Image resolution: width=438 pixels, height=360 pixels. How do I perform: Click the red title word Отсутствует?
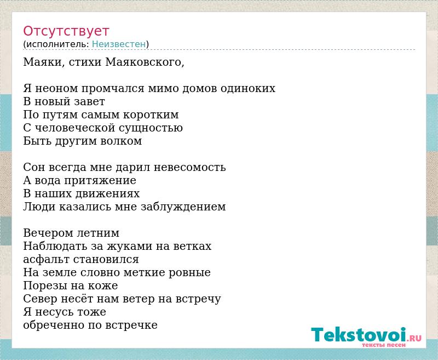pyautogui.click(x=66, y=31)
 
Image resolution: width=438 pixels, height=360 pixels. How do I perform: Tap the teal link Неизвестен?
pyautogui.click(x=119, y=44)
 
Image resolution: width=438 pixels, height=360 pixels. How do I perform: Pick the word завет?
pyautogui.click(x=89, y=101)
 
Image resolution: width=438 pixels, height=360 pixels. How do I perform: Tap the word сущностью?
pyautogui.click(x=151, y=128)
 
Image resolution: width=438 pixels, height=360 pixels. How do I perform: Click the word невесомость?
pyautogui.click(x=189, y=167)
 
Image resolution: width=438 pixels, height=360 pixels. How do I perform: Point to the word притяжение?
pyautogui.click(x=100, y=181)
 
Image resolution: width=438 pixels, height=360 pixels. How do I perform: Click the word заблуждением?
pyautogui.click(x=183, y=207)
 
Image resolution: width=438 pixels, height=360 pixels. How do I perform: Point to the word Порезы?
pyautogui.click(x=44, y=285)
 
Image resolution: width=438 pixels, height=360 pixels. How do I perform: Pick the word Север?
pyautogui.click(x=41, y=299)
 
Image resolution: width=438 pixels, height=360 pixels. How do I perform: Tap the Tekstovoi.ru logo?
pyautogui.click(x=366, y=337)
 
